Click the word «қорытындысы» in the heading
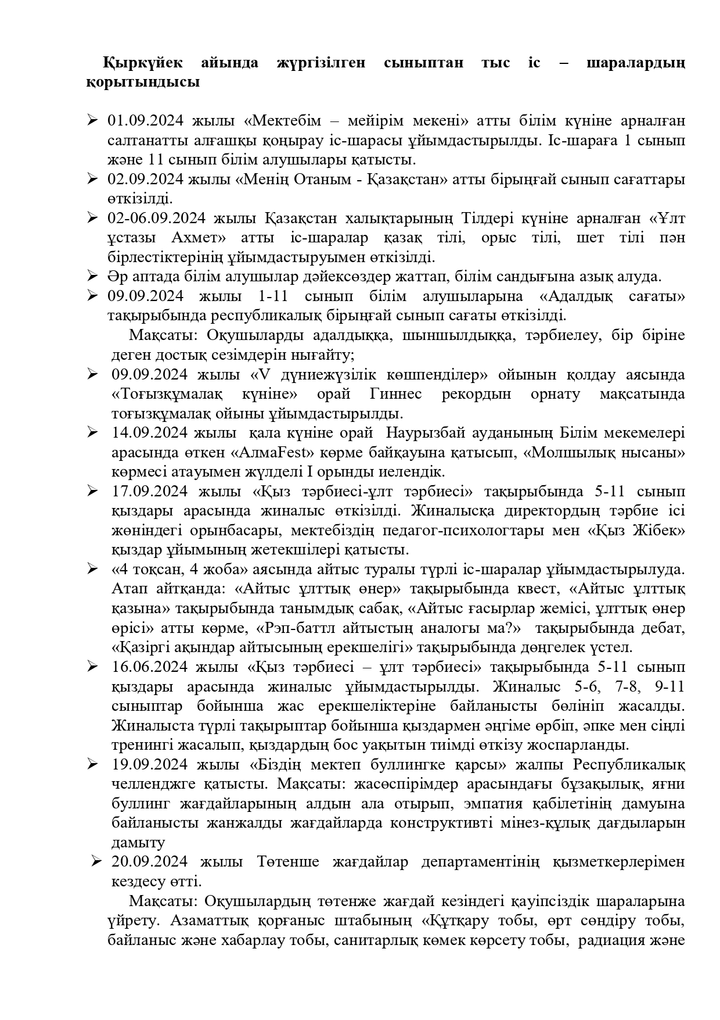[x=143, y=82]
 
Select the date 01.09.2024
[x=145, y=121]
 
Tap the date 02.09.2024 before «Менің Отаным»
[x=145, y=180]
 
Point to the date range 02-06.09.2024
[x=156, y=219]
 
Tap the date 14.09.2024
[x=149, y=433]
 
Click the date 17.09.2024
[x=149, y=492]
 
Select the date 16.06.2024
[x=149, y=667]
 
